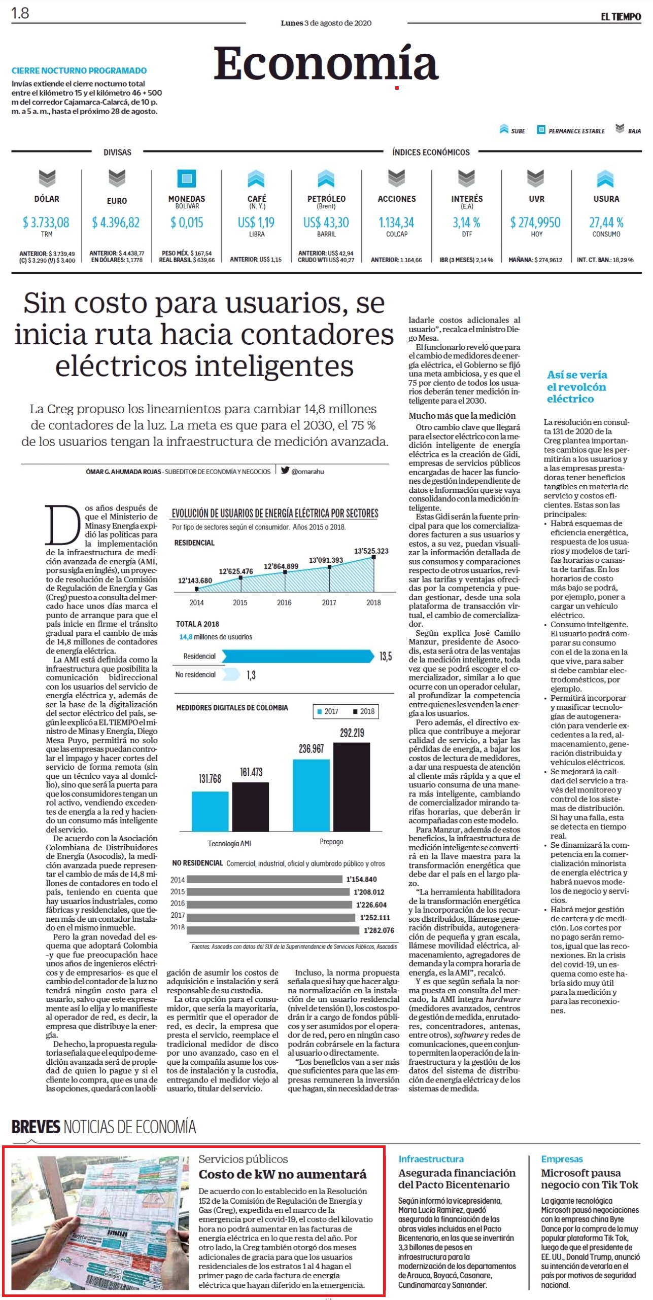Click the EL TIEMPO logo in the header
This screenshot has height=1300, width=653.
coord(621,17)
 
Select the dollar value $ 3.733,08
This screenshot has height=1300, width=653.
coord(46,223)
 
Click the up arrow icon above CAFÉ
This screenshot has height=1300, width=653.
coord(257,178)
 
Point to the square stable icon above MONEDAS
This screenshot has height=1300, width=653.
coord(187,178)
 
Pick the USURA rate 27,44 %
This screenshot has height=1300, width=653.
coord(606,223)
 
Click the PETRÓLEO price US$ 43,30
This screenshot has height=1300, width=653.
coord(326,223)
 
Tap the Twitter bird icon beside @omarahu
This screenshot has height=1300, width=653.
coord(285,471)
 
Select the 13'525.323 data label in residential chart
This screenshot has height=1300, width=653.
coord(371,551)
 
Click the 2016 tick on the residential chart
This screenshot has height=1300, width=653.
coord(284,602)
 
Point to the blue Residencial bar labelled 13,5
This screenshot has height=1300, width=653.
coord(298,656)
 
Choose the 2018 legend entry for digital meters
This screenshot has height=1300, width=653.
coord(364,711)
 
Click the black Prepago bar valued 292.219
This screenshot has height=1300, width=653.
coord(352,786)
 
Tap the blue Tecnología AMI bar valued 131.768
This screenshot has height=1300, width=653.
coord(210,811)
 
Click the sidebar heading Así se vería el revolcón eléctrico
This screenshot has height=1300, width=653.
coord(577,387)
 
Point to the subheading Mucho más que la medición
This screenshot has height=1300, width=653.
coord(462,416)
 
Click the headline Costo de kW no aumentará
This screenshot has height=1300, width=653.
coord(282,1174)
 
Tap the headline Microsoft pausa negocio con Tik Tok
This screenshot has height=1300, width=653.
coord(589,1179)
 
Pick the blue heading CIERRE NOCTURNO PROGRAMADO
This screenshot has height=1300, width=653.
coord(79,71)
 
